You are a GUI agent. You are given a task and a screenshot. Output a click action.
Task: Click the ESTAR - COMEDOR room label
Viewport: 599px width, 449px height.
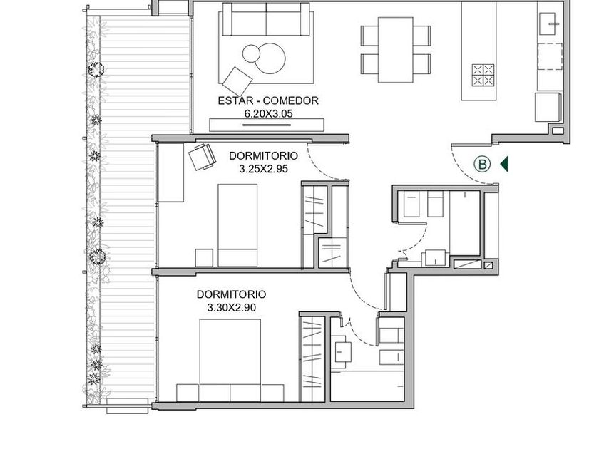(x=268, y=100)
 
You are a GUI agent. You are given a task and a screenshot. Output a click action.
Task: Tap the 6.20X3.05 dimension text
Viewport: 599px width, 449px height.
(x=268, y=114)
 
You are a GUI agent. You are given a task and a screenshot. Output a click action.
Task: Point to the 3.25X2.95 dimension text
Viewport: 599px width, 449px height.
(x=263, y=169)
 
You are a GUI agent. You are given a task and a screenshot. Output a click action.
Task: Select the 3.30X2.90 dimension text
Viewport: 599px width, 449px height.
(x=232, y=307)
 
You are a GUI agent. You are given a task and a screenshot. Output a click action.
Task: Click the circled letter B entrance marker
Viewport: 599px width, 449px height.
(x=482, y=164)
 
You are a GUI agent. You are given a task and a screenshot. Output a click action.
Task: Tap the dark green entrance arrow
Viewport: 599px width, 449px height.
(x=504, y=164)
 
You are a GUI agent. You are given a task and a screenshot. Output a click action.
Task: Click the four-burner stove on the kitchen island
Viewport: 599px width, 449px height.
(x=483, y=76)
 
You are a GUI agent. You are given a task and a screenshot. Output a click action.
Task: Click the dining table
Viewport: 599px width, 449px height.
(x=396, y=50)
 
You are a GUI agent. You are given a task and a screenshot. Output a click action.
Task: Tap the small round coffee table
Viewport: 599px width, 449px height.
(x=251, y=53)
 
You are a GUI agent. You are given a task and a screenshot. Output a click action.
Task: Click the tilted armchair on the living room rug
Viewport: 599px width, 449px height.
(x=237, y=81)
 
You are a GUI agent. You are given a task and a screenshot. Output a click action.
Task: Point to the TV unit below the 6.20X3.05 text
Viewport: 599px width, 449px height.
(x=267, y=125)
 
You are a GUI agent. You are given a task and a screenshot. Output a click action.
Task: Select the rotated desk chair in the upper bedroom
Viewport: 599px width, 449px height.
(x=202, y=156)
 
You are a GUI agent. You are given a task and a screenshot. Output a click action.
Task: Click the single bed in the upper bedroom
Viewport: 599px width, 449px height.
(x=237, y=225)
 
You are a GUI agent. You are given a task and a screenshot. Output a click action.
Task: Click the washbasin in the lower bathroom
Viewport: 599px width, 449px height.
(x=343, y=352)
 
